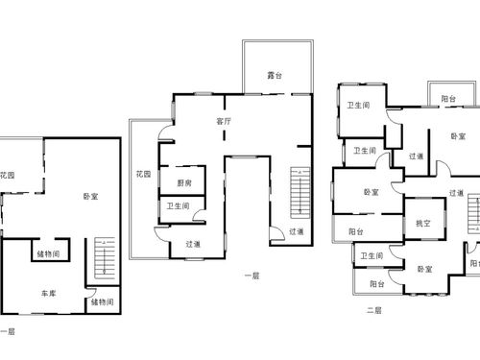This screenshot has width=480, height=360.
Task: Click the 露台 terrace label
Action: point(275,76)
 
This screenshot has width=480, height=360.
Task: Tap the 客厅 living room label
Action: point(224,121)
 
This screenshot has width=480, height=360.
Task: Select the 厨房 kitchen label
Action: point(184,183)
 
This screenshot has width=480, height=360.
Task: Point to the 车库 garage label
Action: point(49,293)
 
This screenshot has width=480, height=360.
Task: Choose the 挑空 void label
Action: point(423,224)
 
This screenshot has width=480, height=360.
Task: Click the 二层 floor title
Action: point(374,310)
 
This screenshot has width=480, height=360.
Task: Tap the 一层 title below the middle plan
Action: point(252,276)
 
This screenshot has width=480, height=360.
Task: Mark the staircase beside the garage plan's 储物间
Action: point(105,258)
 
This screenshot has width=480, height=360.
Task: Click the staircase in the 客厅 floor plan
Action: point(300,193)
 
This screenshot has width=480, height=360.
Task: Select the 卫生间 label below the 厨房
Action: point(178,206)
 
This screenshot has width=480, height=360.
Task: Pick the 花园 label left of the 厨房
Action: point(143,174)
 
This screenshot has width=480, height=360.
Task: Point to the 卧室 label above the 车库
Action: point(90,196)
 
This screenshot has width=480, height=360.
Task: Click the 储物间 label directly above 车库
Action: point(48,254)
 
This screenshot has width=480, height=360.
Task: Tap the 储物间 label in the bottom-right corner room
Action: point(102,301)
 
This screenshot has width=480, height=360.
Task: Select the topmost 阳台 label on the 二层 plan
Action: point(448,99)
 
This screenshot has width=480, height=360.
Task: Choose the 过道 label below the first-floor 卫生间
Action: point(193,244)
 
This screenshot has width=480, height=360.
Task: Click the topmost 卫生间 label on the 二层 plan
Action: point(358,105)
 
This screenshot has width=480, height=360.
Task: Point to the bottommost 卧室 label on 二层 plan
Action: point(424,269)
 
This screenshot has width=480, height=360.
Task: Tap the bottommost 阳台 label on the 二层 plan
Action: point(377,284)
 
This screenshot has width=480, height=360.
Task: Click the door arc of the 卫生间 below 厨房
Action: point(196,213)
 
